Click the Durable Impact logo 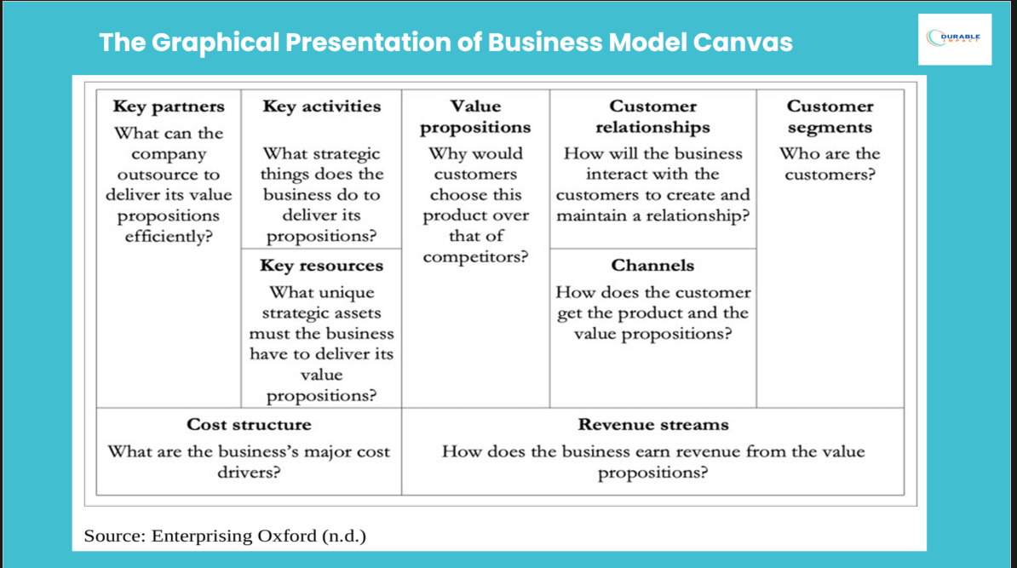(955, 38)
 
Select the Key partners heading (169, 106)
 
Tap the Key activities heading (321, 106)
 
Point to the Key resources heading (321, 266)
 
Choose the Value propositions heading (475, 117)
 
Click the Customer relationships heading (652, 117)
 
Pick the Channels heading (652, 266)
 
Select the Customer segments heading (830, 117)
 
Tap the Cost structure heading (249, 424)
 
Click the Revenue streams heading (652, 424)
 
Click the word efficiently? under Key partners (169, 236)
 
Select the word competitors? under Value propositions (475, 256)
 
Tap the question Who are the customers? (830, 164)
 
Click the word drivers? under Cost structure (249, 473)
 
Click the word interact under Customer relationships (617, 175)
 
